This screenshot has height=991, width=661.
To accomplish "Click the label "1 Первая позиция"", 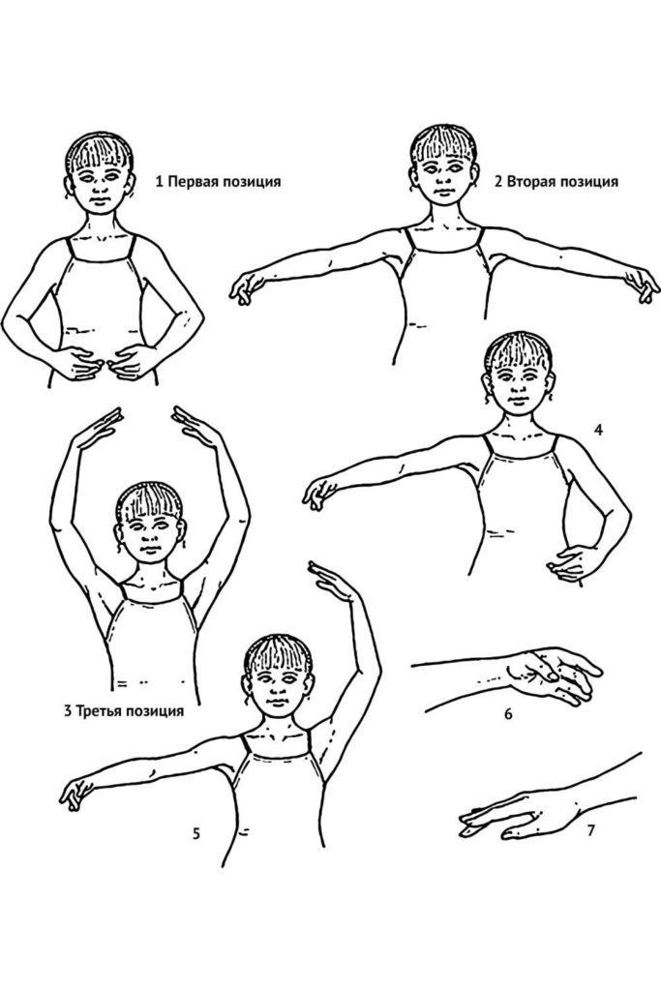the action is coord(218,182).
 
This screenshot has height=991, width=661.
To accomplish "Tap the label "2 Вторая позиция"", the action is coord(556,182).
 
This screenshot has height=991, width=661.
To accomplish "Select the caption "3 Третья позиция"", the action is coord(124,711).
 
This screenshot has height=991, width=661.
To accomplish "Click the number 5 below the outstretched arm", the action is coord(196,834).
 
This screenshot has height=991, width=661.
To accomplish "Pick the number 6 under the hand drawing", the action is coord(508,715).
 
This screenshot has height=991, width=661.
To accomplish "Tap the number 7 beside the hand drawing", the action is coord(591,829).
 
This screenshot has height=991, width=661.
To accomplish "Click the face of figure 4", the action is coord(518,385).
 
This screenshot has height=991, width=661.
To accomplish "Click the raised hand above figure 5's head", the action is coord(332,581).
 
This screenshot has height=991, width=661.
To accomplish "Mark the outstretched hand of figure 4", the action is coord(319,493).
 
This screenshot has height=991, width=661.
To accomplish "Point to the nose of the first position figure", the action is coord(101,190).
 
